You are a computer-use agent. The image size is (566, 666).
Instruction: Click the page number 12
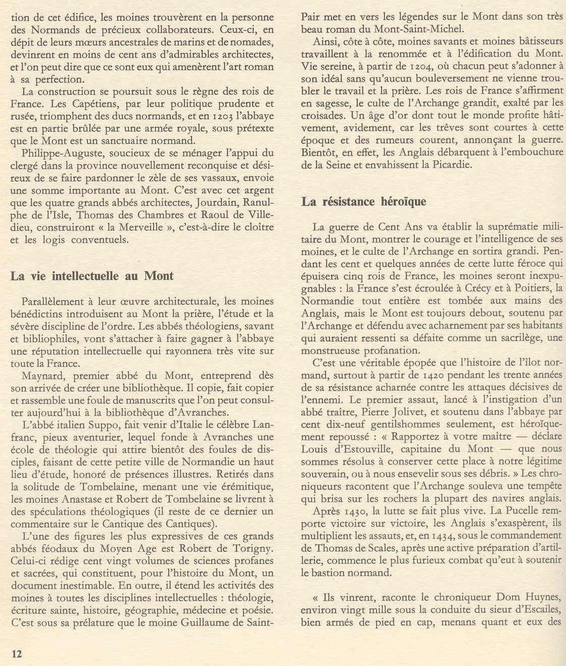(x=17, y=653)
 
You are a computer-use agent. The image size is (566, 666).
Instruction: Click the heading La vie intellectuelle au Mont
(x=91, y=276)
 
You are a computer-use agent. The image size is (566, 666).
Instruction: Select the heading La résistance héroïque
(x=364, y=202)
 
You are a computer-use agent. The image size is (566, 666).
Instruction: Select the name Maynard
(x=43, y=376)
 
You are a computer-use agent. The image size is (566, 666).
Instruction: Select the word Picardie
(x=445, y=165)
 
